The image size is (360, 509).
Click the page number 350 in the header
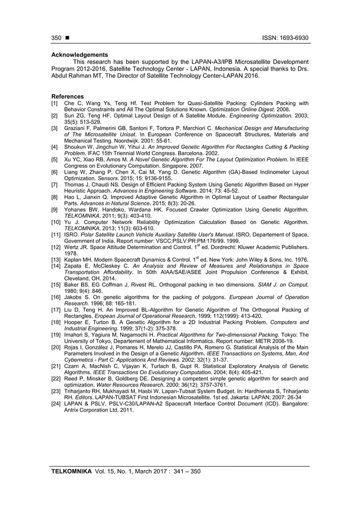tap(56, 38)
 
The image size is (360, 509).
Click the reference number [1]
tap(55, 103)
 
